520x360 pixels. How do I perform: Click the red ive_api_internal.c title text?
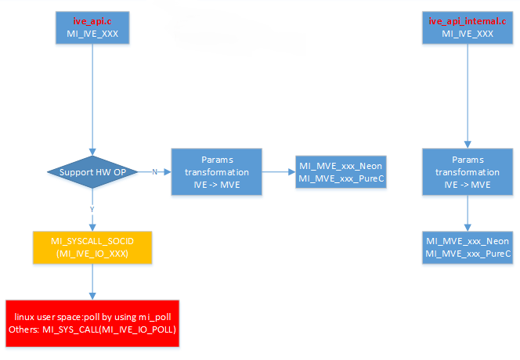(468, 20)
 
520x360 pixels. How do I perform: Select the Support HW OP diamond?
(93, 171)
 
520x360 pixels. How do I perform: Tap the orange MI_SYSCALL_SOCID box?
(93, 246)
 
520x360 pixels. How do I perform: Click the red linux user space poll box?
(93, 322)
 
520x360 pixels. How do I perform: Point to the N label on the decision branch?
(154, 171)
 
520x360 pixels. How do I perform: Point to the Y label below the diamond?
(93, 209)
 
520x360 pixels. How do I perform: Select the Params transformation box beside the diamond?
(215, 171)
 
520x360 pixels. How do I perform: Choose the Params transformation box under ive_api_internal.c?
(468, 171)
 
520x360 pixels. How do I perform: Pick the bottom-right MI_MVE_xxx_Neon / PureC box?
(468, 247)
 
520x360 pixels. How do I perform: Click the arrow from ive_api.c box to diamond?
(93, 94)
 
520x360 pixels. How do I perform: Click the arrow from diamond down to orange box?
(93, 219)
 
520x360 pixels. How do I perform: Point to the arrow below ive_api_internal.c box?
(468, 94)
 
